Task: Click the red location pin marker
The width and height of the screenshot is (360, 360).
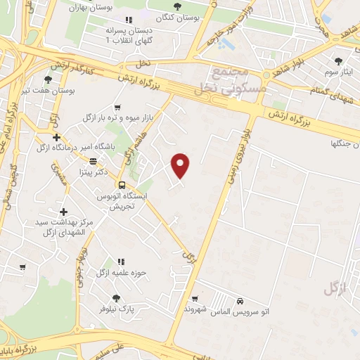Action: point(181,165)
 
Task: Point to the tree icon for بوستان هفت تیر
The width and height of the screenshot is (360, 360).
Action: point(49,79)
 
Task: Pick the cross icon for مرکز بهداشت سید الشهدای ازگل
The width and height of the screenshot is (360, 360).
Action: point(63,212)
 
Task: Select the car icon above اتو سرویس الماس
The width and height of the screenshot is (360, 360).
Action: point(240,299)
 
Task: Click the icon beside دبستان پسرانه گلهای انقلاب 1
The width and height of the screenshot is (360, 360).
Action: point(127,20)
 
